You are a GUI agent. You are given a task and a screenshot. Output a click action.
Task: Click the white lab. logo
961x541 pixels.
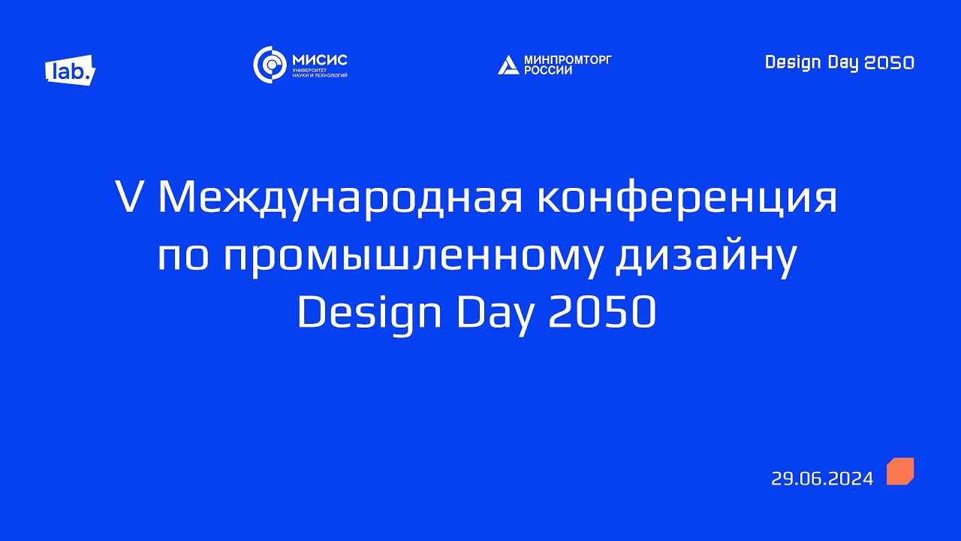point(71,70)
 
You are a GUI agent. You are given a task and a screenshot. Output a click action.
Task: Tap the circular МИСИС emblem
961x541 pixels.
point(269,65)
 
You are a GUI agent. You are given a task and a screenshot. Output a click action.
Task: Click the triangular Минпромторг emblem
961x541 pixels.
point(508,65)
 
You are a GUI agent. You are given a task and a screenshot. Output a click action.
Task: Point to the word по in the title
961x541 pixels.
point(180,257)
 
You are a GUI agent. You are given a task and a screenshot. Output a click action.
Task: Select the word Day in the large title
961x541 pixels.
point(496,314)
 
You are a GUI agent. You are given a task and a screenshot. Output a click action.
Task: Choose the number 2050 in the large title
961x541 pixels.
point(603,314)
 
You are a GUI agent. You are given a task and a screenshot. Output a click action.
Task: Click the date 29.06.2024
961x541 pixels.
point(822,479)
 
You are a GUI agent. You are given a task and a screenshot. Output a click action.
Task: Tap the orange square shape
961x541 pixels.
point(900,471)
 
